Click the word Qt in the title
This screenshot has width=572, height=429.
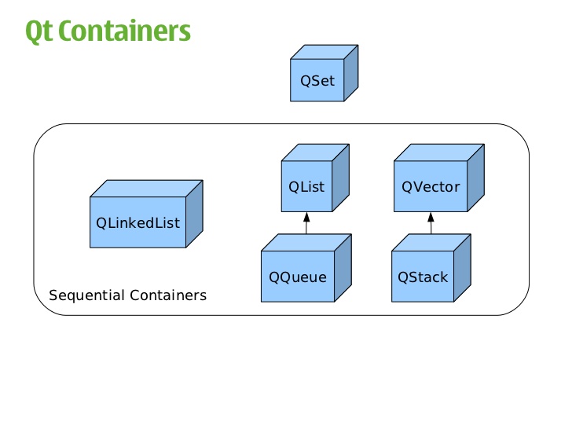coord(39,31)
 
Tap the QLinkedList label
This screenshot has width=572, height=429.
coord(138,222)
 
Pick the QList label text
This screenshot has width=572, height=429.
coord(306,187)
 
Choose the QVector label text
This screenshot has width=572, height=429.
coord(431,187)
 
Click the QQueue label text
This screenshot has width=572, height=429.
coord(298,277)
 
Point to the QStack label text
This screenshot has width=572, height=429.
coord(423,277)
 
